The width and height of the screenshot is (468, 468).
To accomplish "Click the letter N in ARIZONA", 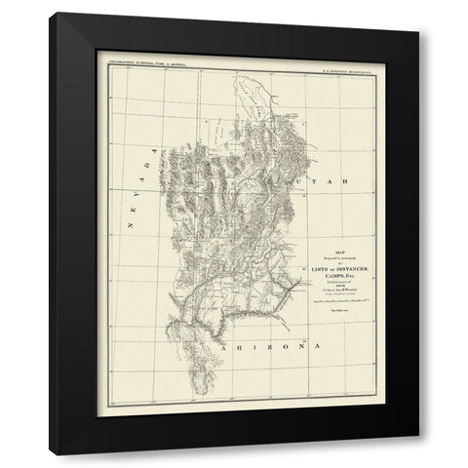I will pyautogui.click(x=292, y=345).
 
